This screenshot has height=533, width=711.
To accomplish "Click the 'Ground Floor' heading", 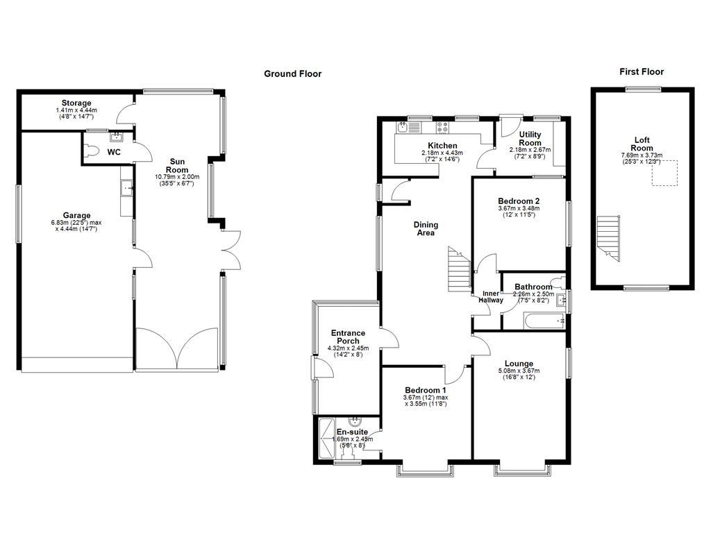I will click(x=292, y=74).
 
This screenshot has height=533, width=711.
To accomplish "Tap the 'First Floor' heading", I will click(x=641, y=71).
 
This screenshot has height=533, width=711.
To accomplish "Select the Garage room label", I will click(x=76, y=216).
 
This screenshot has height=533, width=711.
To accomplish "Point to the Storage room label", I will click(x=76, y=103).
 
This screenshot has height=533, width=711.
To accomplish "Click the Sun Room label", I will click(x=177, y=165).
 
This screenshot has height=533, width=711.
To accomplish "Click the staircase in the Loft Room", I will click(x=608, y=237).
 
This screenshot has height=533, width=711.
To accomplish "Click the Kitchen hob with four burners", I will click(x=442, y=127).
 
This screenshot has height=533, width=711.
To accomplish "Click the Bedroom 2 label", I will click(x=519, y=201).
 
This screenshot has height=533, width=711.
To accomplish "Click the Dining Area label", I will click(x=425, y=228).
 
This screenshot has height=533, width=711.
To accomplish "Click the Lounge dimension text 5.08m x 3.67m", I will click(x=519, y=371).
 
